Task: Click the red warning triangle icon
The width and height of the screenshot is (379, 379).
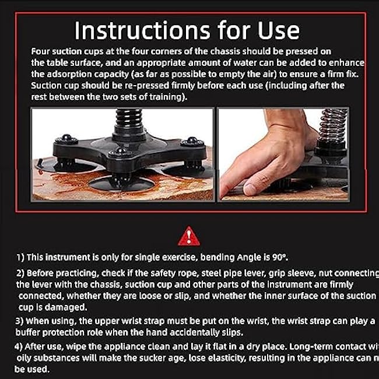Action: click(189, 236)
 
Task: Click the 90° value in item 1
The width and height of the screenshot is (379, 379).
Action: click(278, 257)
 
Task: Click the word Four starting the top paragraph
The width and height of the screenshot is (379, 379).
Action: click(42, 51)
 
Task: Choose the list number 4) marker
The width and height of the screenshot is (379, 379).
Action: click(19, 346)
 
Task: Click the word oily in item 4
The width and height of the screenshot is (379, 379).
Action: click(26, 357)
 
